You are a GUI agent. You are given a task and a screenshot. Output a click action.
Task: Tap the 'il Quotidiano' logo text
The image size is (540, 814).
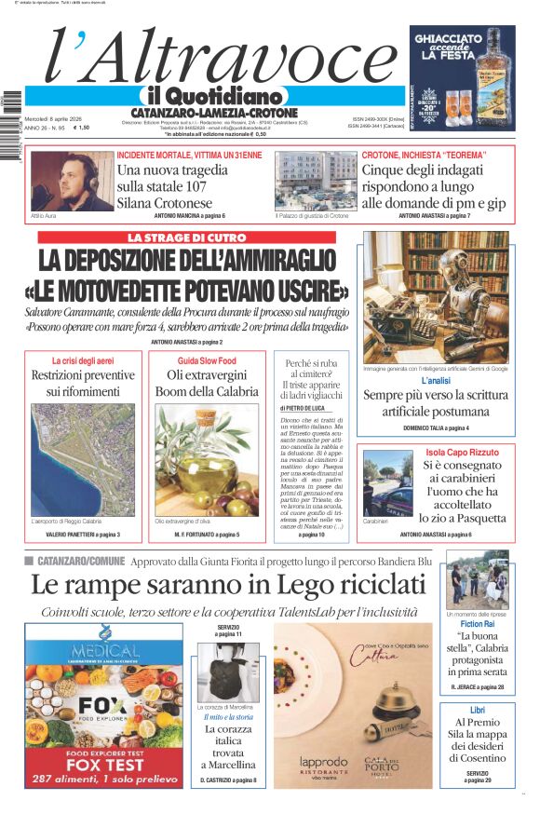214,96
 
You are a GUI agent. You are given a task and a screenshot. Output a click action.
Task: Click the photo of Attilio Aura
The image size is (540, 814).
73,181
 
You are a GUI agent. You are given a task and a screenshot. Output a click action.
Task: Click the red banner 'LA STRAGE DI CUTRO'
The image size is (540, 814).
186,238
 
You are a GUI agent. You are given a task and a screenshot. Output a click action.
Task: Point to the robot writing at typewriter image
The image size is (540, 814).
436,297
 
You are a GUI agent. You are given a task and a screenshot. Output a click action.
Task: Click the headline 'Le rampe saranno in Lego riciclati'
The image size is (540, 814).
227,584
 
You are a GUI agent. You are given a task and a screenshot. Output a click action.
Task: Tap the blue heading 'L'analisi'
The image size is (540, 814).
436,381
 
